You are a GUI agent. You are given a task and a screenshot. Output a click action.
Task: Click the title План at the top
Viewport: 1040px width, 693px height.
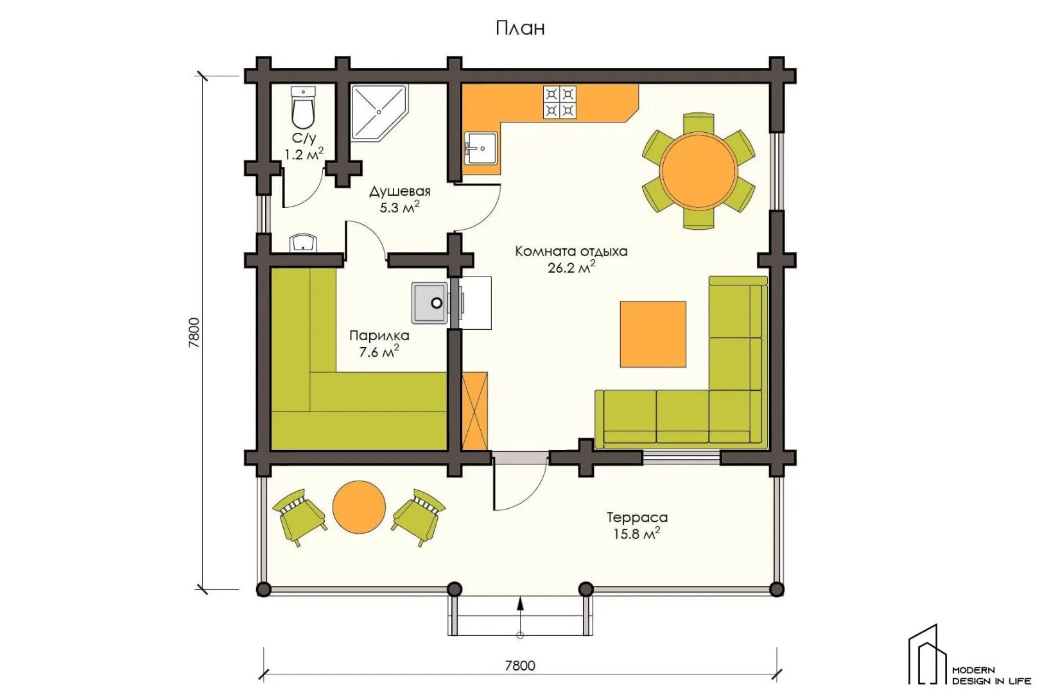point(520,29)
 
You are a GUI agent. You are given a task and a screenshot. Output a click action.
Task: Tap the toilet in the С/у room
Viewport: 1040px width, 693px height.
point(303,108)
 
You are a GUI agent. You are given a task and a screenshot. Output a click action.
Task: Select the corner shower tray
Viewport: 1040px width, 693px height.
point(378,112)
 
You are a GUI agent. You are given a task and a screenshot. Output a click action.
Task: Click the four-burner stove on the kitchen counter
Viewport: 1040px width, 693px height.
point(559,102)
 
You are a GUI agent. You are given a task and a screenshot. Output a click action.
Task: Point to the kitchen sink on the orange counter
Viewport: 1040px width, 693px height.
point(481,148)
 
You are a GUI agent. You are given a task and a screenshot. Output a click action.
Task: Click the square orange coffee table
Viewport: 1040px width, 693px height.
point(654,334)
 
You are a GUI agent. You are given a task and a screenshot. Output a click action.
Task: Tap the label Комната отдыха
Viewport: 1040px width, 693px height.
point(571,252)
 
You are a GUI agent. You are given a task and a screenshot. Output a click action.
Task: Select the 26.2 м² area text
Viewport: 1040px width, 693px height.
point(571,268)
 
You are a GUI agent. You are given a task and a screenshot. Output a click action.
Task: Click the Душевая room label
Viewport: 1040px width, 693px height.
point(400,192)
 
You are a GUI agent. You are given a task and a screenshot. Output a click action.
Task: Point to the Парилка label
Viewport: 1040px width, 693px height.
point(379,336)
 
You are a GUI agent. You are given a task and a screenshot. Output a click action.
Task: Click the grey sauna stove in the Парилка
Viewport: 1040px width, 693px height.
point(430,303)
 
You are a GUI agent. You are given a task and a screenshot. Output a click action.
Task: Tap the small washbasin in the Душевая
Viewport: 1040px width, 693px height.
point(303,243)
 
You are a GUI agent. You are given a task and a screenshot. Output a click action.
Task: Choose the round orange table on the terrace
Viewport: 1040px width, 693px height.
point(359,506)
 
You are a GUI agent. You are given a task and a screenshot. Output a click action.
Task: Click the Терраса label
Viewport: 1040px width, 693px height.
point(637,517)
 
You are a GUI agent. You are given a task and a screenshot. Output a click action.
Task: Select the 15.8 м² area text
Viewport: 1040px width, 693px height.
point(637,533)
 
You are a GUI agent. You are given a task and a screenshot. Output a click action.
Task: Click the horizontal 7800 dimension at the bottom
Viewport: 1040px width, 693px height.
point(520,665)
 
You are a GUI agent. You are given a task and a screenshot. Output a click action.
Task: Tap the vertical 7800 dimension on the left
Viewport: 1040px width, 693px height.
point(194,332)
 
